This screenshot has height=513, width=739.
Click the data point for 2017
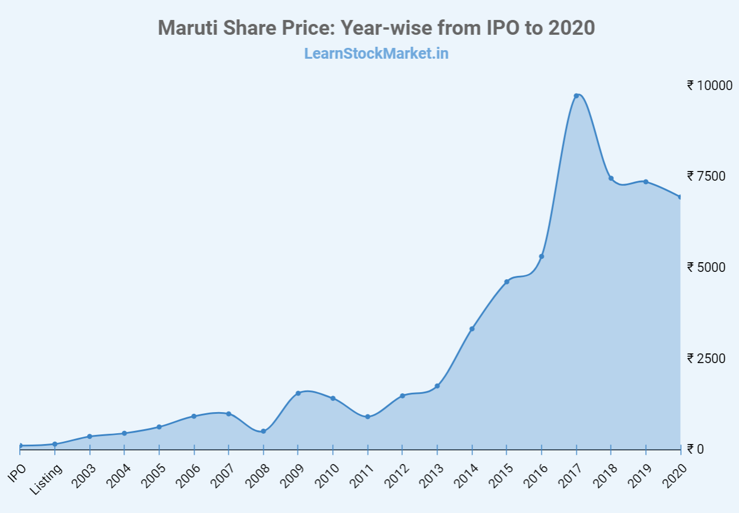pyautogui.click(x=576, y=96)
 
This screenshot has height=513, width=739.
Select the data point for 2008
pyautogui.click(x=263, y=431)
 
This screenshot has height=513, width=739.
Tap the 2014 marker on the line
pyautogui.click(x=472, y=329)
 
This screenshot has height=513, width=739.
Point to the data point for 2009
pyautogui.click(x=298, y=393)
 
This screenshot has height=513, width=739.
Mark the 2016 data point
pyautogui.click(x=541, y=256)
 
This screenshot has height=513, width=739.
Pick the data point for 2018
pyautogui.click(x=611, y=178)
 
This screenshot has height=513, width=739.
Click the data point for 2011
pyautogui.click(x=368, y=417)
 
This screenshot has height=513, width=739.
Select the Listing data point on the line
pyautogui.click(x=55, y=444)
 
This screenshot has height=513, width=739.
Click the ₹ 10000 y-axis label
pyautogui.click(x=709, y=85)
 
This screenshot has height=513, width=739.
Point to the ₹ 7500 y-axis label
pyautogui.click(x=707, y=176)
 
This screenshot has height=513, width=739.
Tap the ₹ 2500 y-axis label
pyautogui.click(x=707, y=358)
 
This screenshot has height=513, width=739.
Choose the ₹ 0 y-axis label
pyautogui.click(x=696, y=449)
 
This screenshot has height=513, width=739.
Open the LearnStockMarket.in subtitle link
pyautogui.click(x=376, y=54)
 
